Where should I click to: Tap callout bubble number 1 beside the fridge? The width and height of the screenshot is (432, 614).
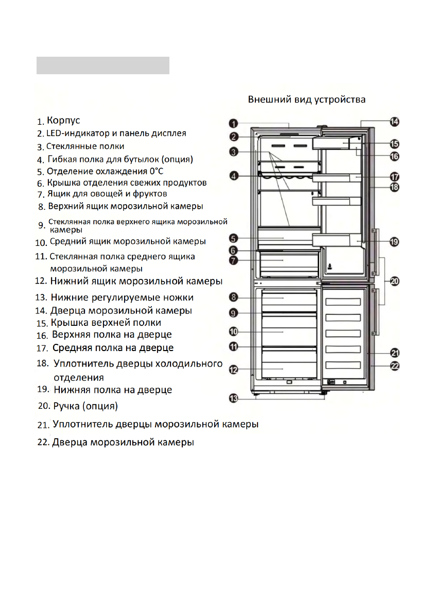[233, 124]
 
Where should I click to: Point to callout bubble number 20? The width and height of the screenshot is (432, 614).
[394, 281]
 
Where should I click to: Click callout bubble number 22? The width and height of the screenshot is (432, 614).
[394, 366]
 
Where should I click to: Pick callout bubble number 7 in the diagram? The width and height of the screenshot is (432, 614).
[233, 261]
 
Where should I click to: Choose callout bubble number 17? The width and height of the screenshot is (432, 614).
[394, 176]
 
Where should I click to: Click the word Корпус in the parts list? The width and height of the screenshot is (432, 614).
[63, 121]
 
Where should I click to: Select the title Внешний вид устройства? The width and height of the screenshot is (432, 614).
[307, 98]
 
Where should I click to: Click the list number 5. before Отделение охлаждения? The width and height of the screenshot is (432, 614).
[40, 172]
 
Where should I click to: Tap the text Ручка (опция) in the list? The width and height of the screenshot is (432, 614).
[85, 406]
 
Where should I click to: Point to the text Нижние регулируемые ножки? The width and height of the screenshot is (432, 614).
[122, 297]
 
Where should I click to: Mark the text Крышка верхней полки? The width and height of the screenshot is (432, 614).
[106, 323]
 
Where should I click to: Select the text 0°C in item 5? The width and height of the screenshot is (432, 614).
[155, 171]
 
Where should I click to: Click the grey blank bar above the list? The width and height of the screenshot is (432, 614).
[102, 65]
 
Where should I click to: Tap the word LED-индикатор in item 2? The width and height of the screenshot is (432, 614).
[75, 133]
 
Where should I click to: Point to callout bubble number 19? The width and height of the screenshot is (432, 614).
[394, 241]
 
